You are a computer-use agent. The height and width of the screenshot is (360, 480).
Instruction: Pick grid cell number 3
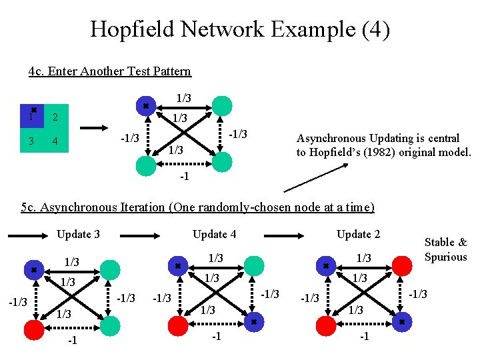pyautogui.click(x=31, y=141)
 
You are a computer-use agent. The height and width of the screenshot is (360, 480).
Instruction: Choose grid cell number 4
pyautogui.click(x=56, y=141)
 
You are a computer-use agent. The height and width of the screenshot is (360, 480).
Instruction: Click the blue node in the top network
pyautogui.click(x=146, y=105)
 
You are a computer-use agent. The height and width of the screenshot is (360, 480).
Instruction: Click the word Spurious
pyautogui.click(x=445, y=257)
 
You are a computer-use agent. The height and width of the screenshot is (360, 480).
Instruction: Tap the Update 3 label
pyautogui.click(x=78, y=234)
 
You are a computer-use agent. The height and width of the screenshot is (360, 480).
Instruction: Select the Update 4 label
pyautogui.click(x=214, y=234)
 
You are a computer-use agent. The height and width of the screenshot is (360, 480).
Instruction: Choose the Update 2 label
pyautogui.click(x=358, y=234)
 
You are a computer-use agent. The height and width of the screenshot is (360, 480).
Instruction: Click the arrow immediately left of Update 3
pyautogui.click(x=26, y=234)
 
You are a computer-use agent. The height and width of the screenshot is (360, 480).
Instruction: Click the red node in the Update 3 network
pyautogui.click(x=33, y=327)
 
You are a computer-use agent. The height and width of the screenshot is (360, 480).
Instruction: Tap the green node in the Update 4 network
pyautogui.click(x=254, y=266)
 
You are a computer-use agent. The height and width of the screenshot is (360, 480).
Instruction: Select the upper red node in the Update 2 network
pyautogui.click(x=402, y=266)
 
